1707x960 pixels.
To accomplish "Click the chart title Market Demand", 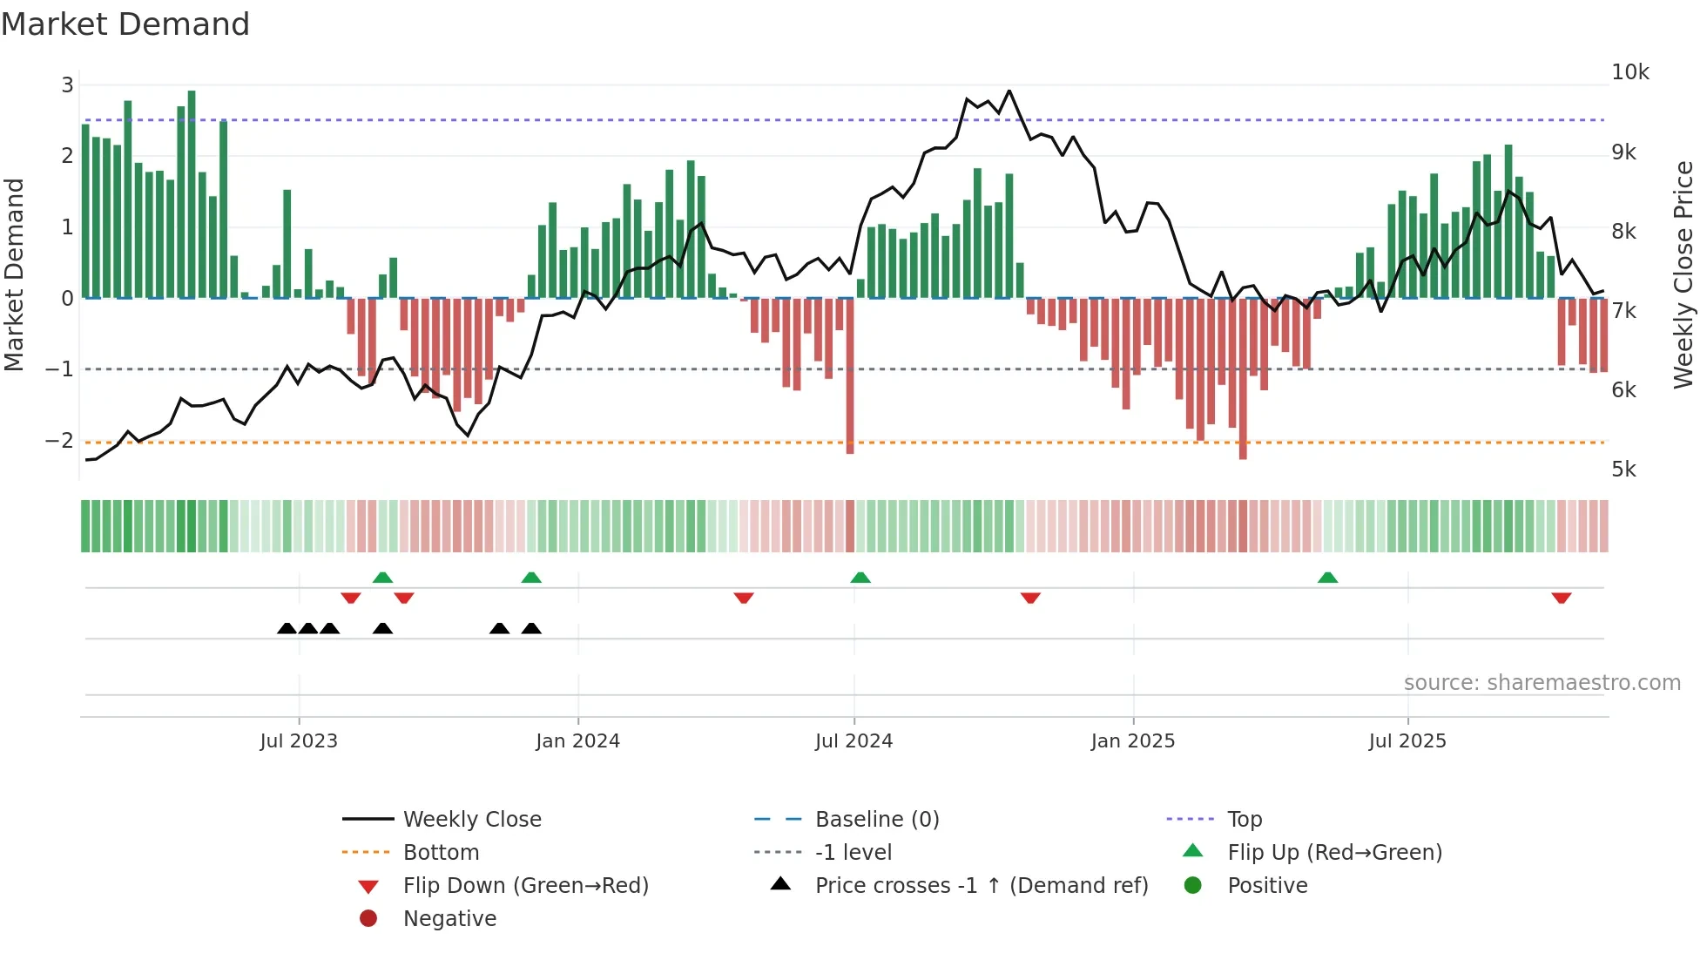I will (x=125, y=24).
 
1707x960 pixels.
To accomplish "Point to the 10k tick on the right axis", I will (x=1629, y=72).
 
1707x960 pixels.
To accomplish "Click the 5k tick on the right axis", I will (x=1623, y=470).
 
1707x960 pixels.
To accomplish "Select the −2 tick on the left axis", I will (x=59, y=441).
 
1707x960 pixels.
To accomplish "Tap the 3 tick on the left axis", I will (x=67, y=85).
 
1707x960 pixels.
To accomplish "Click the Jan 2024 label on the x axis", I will (x=577, y=741).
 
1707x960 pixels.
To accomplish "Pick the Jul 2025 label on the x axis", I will (x=1407, y=741).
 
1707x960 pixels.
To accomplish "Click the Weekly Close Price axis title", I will (x=1683, y=274).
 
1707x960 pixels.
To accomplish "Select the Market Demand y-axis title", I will (x=14, y=274).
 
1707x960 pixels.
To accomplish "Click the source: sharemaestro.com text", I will (x=1542, y=683).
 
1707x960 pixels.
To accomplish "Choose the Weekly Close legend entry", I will (x=471, y=820).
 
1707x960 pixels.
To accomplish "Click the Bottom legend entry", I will (x=441, y=853).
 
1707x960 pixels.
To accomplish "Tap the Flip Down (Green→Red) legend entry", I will (x=525, y=886).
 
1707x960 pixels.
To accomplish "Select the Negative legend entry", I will (x=449, y=919).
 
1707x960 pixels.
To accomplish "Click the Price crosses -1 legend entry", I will (x=981, y=886).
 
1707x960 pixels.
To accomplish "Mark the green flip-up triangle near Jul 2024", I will (x=860, y=578).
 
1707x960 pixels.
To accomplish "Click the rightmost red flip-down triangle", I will (x=1561, y=598).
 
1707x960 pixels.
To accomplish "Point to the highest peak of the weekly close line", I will (x=1009, y=91).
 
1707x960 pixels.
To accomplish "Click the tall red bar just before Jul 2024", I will (x=850, y=375).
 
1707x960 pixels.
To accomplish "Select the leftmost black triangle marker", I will (x=287, y=628).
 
